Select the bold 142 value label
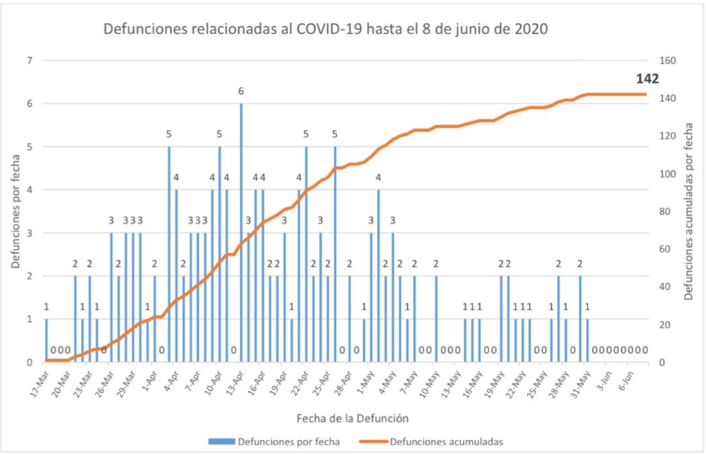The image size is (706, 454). click(x=647, y=79)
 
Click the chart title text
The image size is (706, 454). click(x=325, y=30)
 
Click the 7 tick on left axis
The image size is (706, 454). click(x=30, y=61)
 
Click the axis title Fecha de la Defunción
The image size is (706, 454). click(x=352, y=418)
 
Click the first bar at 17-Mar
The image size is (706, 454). click(x=46, y=340)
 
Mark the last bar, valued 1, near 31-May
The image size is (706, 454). click(x=587, y=340)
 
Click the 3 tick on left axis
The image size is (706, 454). click(x=30, y=233)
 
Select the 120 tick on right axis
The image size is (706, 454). click(x=666, y=136)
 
